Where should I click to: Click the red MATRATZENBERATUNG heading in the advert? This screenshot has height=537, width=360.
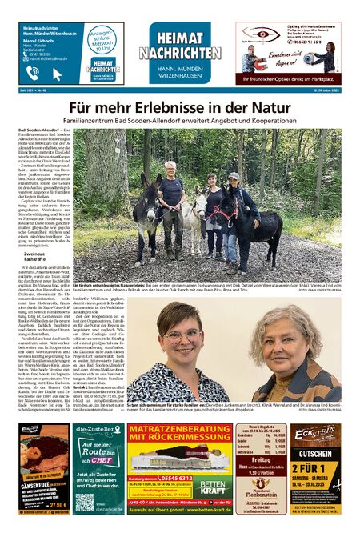[x=178, y=434]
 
